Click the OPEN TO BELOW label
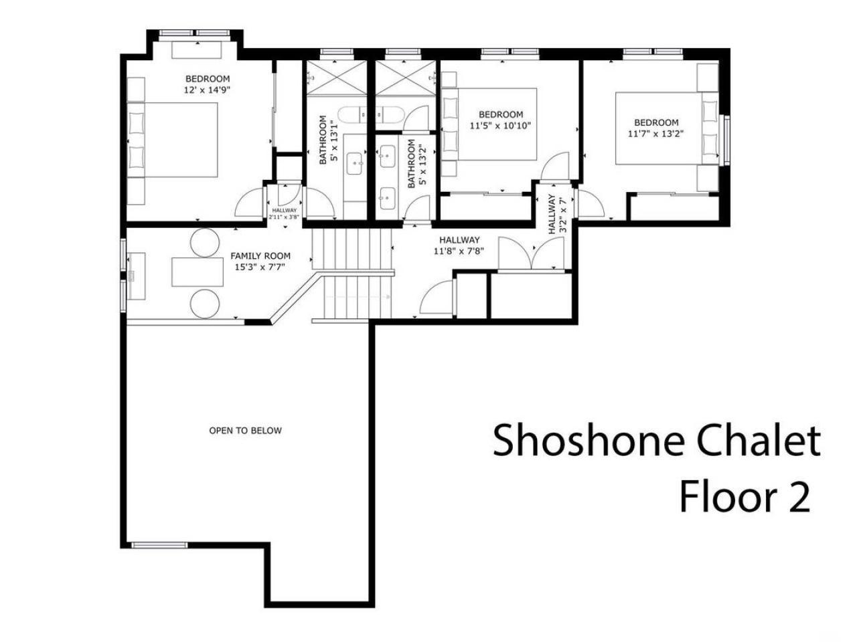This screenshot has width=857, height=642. pos(245,431)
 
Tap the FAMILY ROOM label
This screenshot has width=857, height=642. pos(260,256)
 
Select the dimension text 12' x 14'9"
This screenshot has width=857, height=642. pos(208,90)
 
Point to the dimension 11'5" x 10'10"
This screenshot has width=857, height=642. pos(500,125)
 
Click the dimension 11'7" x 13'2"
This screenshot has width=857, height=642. pos(656,133)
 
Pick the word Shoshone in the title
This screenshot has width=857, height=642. pos(590,441)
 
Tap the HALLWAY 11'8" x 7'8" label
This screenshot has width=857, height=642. pos(459,245)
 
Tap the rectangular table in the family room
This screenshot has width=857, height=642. pos(198,272)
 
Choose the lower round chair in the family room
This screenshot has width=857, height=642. pos(205,303)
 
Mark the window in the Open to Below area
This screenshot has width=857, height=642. pos(159,545)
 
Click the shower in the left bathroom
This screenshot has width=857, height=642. pos(337,78)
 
